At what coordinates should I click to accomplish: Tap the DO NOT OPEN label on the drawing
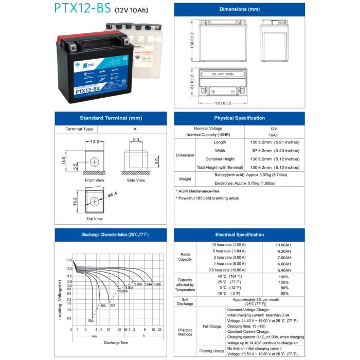pyautogui.click(x=223, y=75)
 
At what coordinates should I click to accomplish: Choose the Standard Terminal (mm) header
pyautogui.click(x=111, y=118)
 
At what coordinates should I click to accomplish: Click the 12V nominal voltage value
pyautogui.click(x=273, y=129)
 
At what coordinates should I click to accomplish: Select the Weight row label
pyautogui.click(x=185, y=179)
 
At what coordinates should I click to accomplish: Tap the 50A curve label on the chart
pyautogui.click(x=91, y=320)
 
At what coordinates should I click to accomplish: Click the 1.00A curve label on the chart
pyautogui.click(x=157, y=284)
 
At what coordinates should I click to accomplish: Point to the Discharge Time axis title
pyautogui.click(x=116, y=343)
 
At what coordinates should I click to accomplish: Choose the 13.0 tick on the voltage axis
pyautogui.click(x=69, y=261)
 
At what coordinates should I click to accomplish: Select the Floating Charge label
pyautogui.click(x=212, y=351)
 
